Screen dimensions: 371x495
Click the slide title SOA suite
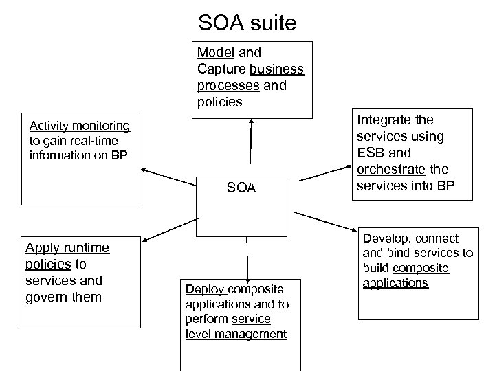coord(247,23)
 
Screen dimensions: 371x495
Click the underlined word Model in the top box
coord(212,52)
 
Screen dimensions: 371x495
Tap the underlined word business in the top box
coord(277,69)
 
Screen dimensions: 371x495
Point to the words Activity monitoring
coord(80,125)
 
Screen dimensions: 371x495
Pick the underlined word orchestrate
coord(395,169)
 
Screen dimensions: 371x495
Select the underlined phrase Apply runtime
coord(67,248)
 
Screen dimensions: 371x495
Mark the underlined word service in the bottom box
coord(252,319)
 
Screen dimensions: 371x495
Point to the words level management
coord(236,334)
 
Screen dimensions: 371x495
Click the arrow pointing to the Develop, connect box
coord(323,221)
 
